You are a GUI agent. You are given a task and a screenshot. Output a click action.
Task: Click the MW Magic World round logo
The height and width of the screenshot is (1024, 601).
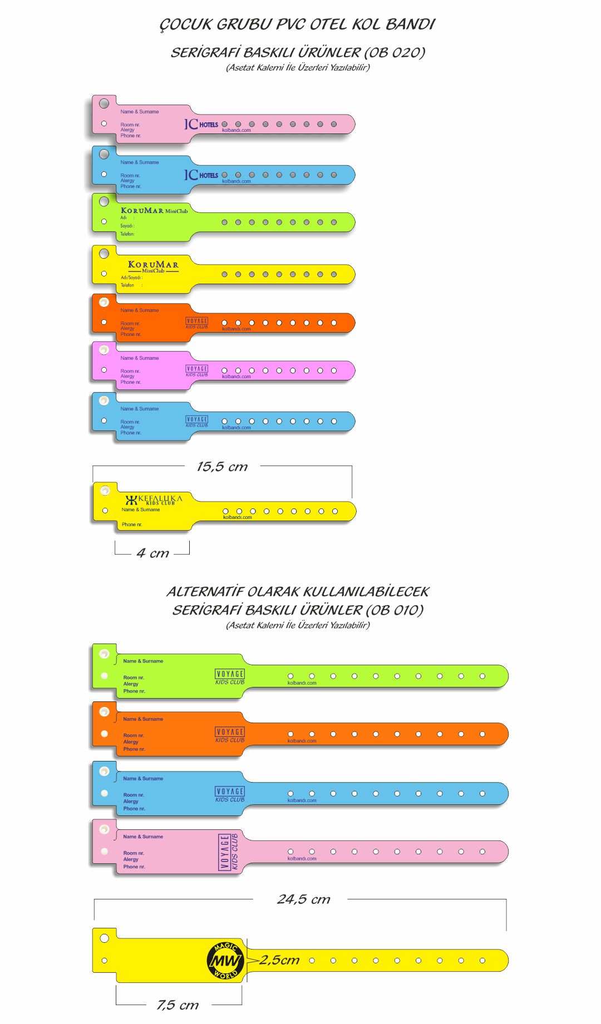(225, 961)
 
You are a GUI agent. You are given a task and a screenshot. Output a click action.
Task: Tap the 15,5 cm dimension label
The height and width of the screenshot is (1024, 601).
(222, 467)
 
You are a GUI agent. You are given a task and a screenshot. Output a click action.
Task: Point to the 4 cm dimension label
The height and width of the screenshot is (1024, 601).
(153, 553)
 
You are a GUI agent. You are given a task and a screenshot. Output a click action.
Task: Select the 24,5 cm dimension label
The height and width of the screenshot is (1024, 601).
(303, 899)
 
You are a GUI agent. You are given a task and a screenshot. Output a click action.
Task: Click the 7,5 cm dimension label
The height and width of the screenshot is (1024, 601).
(178, 1005)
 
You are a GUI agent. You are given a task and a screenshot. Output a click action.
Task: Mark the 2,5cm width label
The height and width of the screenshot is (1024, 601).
(279, 960)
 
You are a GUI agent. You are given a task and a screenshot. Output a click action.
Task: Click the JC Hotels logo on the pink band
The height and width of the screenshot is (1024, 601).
(201, 124)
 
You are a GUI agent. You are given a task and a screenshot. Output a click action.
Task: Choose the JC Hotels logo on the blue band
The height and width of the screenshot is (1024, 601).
(201, 175)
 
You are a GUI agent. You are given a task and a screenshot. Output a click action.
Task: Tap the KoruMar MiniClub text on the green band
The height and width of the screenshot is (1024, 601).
(154, 211)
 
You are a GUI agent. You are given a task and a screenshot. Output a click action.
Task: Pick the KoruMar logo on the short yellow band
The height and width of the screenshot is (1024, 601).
(153, 266)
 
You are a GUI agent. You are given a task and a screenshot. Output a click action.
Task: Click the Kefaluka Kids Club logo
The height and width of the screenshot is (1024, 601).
(154, 500)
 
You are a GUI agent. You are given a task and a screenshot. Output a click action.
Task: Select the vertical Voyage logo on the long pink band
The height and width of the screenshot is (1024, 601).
(229, 852)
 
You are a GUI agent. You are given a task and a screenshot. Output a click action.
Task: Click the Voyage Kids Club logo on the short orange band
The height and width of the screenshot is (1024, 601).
(197, 323)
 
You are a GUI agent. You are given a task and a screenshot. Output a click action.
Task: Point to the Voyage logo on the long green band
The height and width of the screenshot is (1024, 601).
(230, 676)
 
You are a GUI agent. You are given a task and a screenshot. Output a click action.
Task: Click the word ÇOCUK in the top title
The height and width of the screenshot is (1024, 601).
(186, 24)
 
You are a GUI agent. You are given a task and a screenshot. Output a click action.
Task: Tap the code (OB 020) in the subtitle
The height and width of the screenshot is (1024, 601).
(395, 53)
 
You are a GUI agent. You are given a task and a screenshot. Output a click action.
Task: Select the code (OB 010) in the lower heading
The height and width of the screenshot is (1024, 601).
(395, 610)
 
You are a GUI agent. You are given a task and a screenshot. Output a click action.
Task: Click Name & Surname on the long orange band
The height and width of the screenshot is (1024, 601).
(143, 719)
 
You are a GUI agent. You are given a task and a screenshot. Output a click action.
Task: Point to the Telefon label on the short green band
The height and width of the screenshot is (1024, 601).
(127, 234)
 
